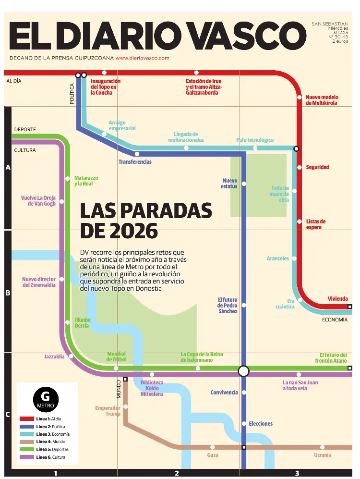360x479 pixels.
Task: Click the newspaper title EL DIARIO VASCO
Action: pyautogui.click(x=157, y=36)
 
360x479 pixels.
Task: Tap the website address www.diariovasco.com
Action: pyautogui.click(x=143, y=58)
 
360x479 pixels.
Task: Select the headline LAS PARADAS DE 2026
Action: pyautogui.click(x=145, y=221)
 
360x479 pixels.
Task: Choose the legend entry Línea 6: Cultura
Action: pyautogui.click(x=51, y=457)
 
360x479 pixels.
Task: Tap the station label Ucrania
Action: pyautogui.click(x=322, y=455)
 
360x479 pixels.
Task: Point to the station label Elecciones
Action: pyautogui.click(x=261, y=424)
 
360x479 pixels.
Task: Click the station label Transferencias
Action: pyautogui.click(x=135, y=162)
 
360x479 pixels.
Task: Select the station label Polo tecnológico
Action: pyautogui.click(x=255, y=140)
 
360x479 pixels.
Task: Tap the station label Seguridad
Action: pyautogui.click(x=318, y=167)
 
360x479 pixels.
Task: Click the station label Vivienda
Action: pyautogui.click(x=337, y=299)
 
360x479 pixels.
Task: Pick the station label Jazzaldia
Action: pyautogui.click(x=54, y=356)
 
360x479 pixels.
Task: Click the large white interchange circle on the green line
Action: pyautogui.click(x=244, y=371)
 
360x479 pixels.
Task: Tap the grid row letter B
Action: pyautogui.click(x=7, y=292)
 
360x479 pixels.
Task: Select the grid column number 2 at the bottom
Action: pyautogui.click(x=177, y=473)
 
